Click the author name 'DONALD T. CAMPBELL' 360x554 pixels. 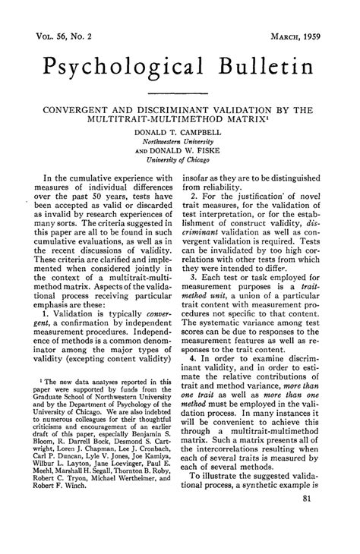(x=180, y=132)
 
